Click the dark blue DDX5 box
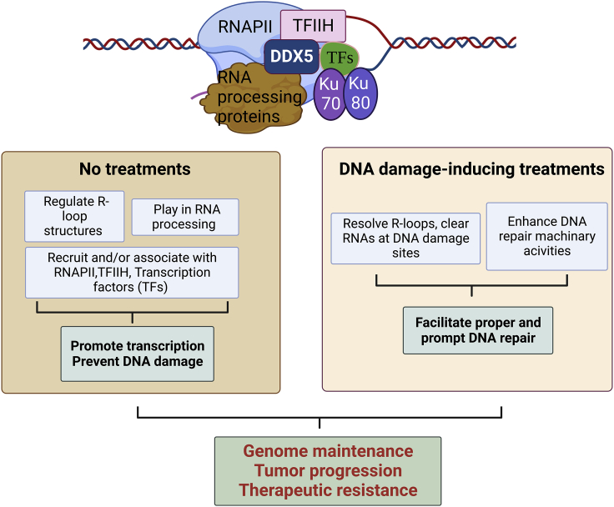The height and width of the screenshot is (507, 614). pos(292,57)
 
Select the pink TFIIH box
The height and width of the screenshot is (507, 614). pos(314,26)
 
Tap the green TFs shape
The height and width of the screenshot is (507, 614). pos(339,58)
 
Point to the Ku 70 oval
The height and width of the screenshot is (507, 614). pos(330,94)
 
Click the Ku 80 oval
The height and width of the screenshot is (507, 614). pos(360,93)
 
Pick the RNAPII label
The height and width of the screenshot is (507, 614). pos(244,27)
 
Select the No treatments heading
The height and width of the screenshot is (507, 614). pos(134,169)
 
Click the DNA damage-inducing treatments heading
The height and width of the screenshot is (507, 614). pos(471,169)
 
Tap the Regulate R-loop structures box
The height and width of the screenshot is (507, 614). pos(74,216)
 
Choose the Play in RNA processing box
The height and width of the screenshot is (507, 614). pos(185,217)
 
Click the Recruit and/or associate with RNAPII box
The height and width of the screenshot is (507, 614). pos(132,273)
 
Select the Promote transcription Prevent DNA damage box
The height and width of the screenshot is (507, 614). pos(138,354)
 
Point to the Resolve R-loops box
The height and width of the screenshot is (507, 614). pos(405,238)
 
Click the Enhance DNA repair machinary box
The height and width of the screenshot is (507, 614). pos(547,237)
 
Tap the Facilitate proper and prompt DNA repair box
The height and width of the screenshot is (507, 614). pos(478,330)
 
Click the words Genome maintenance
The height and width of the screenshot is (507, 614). pos(328,451)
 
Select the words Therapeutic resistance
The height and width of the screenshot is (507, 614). pos(328,490)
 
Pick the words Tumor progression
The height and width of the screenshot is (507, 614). pos(328,470)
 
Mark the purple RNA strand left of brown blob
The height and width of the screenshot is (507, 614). pos(199,95)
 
